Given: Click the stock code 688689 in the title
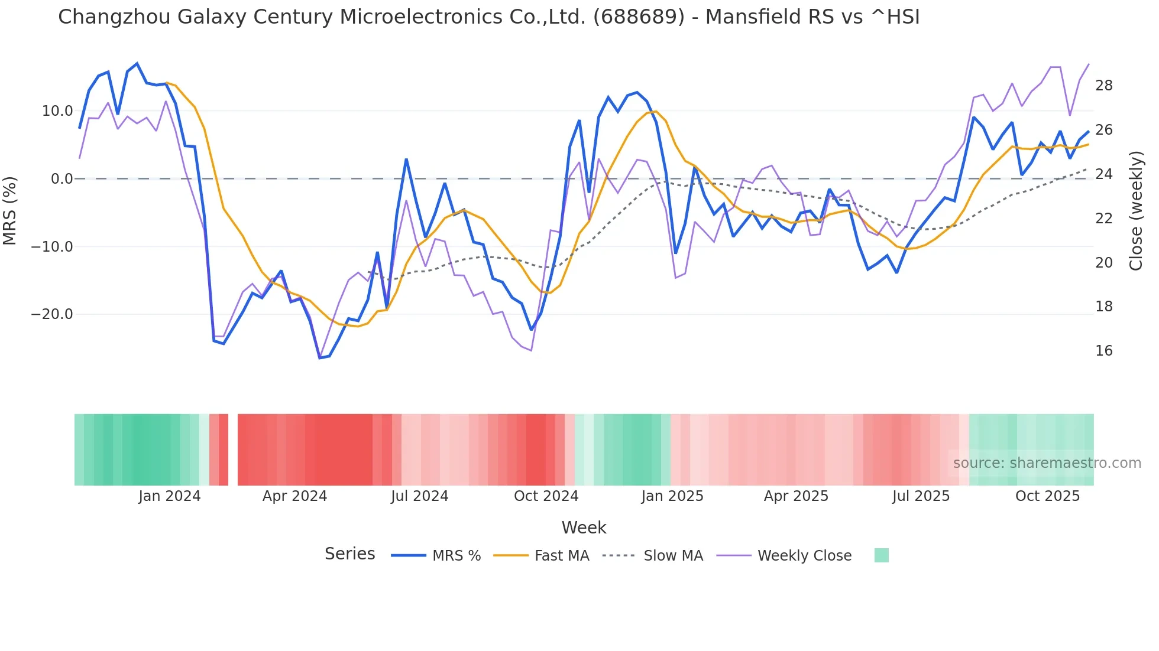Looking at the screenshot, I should [639, 17].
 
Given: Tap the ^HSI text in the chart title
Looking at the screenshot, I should [895, 17].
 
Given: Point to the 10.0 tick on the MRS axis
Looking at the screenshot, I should [57, 111].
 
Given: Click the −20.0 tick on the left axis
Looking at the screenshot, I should [52, 314].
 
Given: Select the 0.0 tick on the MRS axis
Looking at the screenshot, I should [62, 179].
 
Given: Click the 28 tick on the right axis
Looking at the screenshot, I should [1103, 86].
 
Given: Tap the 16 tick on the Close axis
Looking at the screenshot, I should [1103, 351].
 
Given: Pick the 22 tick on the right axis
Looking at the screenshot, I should [1103, 219].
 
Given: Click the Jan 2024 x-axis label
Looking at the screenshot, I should [170, 496].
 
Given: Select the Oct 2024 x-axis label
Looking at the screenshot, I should [546, 496].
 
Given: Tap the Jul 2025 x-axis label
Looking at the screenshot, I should [921, 496].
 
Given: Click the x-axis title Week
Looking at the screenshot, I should [584, 528].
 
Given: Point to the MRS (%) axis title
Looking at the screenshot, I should [10, 211].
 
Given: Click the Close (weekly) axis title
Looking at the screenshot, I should [1135, 211].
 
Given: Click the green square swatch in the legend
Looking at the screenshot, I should [881, 555].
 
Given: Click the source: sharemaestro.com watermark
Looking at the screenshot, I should [1047, 463].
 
